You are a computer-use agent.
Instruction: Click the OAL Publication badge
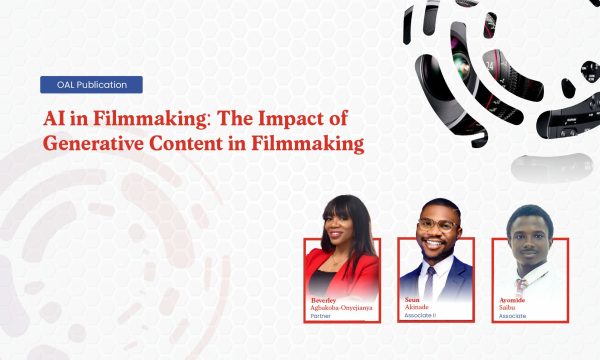(x=91, y=85)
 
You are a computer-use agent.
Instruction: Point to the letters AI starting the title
(x=54, y=118)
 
